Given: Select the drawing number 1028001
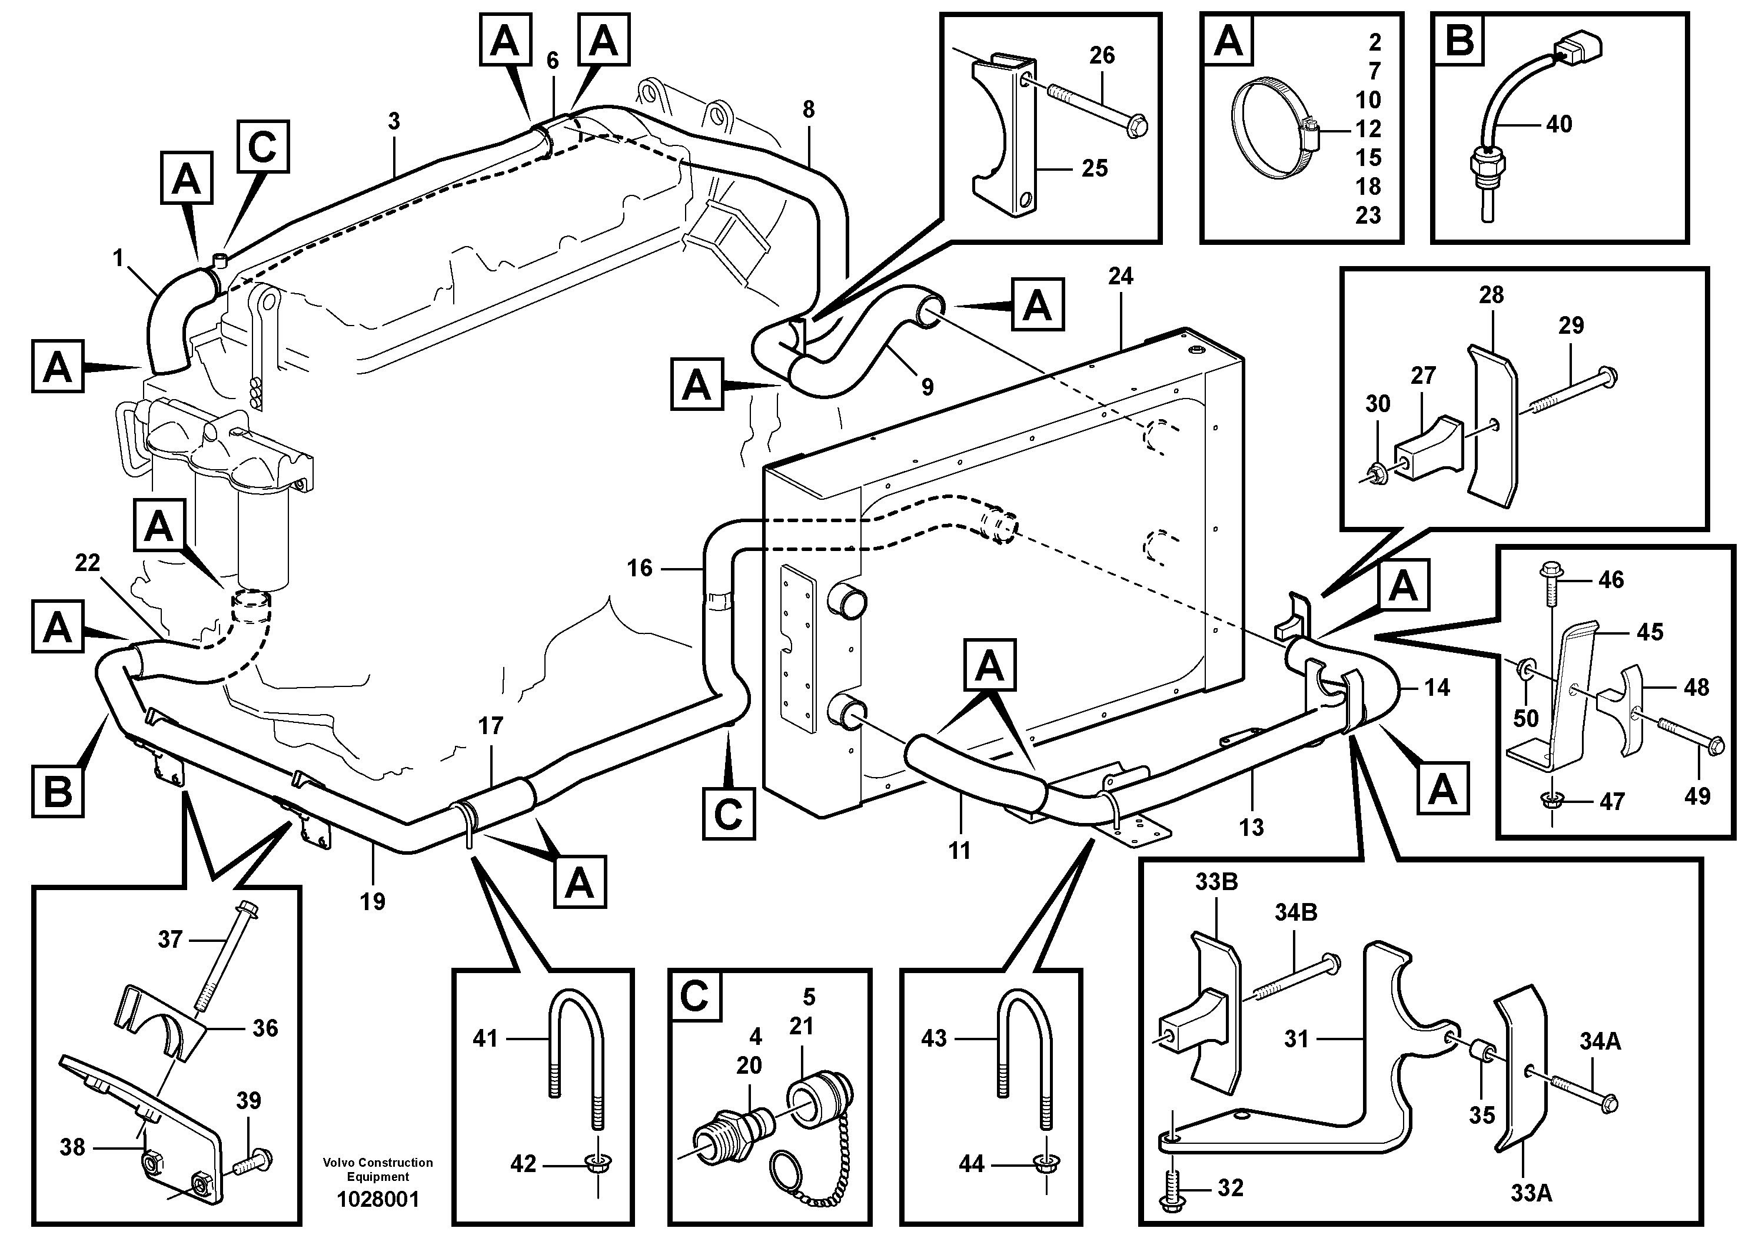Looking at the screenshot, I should click(x=378, y=1200).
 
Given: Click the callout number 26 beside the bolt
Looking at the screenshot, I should click(x=1102, y=55).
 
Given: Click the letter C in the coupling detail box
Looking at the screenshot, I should click(x=694, y=996).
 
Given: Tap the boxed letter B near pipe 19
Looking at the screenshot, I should click(x=58, y=792).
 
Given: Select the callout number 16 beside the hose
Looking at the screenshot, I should click(x=640, y=568).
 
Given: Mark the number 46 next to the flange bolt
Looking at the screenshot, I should click(x=1611, y=579).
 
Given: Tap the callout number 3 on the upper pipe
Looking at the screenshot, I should click(x=394, y=121).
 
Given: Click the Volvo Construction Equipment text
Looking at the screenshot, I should click(x=378, y=1169).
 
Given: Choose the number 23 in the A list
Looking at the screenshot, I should click(x=1368, y=215).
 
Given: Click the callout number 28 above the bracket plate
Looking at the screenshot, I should click(x=1491, y=296).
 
